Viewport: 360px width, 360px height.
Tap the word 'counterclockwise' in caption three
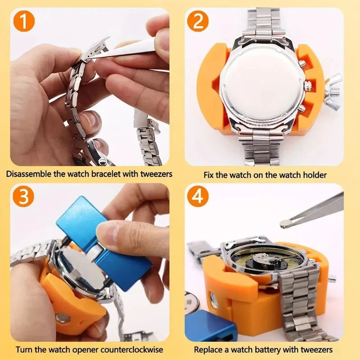[x=135, y=349]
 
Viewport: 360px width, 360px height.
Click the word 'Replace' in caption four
[x=208, y=349]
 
